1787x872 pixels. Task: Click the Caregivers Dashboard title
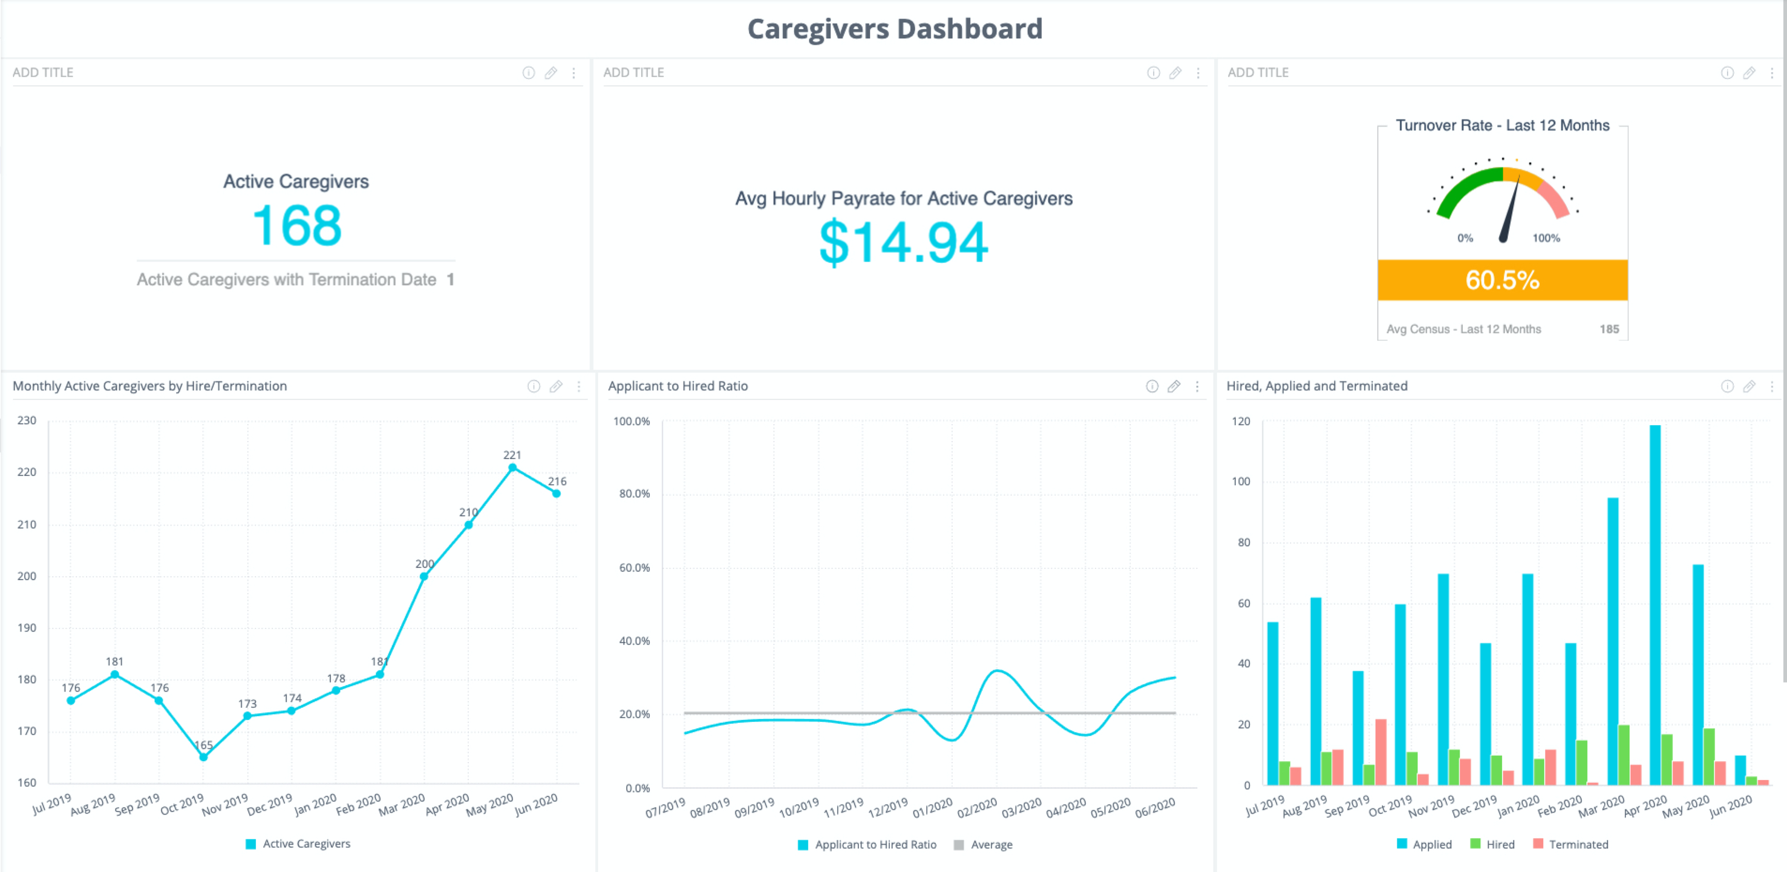[x=894, y=29]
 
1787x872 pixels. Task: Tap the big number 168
[x=297, y=226]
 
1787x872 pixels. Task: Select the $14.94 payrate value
[x=903, y=242]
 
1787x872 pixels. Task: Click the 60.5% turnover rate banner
[x=1502, y=280]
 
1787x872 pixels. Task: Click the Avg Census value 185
[x=1609, y=329]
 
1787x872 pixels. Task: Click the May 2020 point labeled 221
[x=512, y=468]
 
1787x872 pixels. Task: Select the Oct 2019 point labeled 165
[x=203, y=757]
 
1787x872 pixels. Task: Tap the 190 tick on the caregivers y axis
[x=27, y=627]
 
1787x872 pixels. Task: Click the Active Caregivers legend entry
[x=298, y=844]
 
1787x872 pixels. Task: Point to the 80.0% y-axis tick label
[x=634, y=494]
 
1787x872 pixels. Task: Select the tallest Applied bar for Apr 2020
[x=1655, y=604]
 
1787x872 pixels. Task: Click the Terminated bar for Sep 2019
[x=1380, y=752]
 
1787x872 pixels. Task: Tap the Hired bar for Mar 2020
[x=1624, y=755]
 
